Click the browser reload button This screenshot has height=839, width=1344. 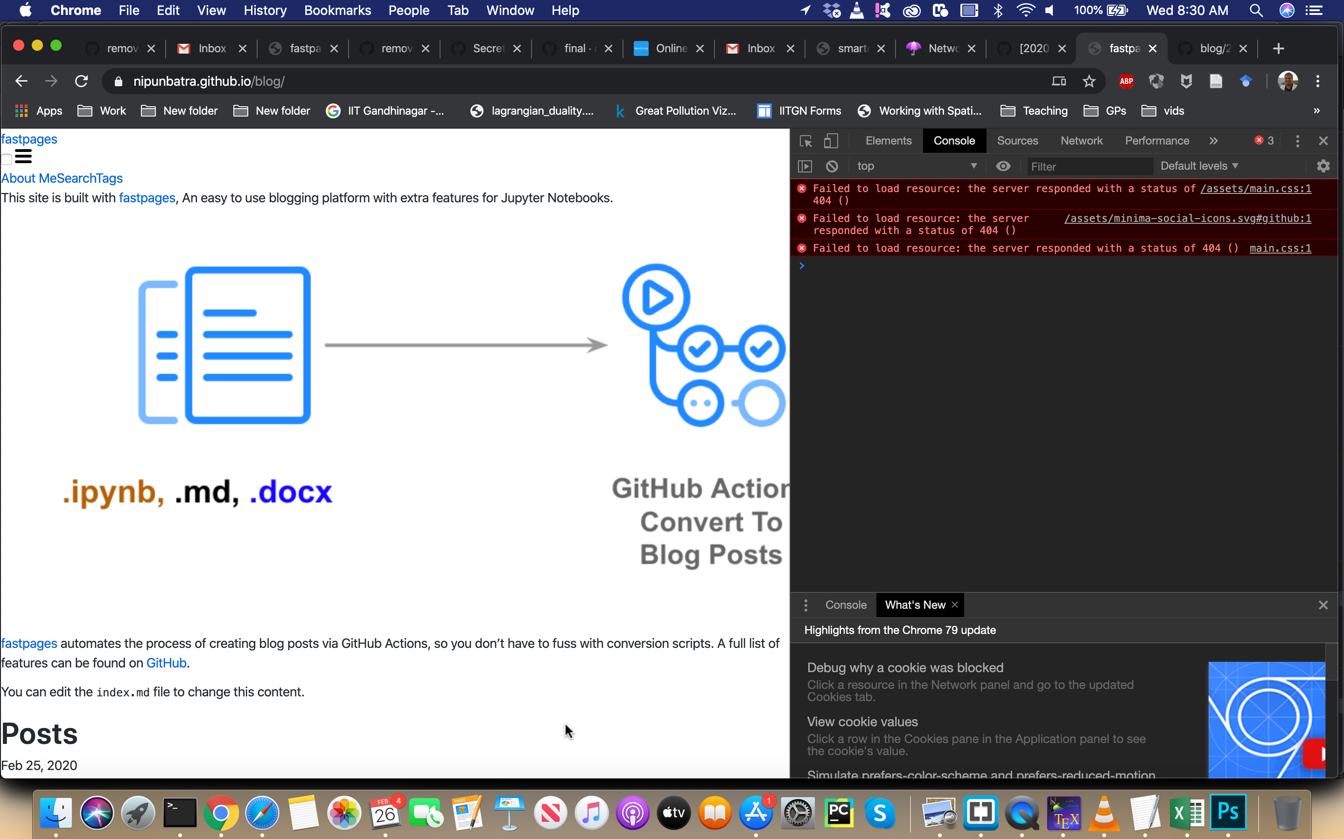(x=82, y=82)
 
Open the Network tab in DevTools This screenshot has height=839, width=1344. (x=1081, y=141)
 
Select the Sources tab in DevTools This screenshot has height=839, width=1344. (x=1017, y=141)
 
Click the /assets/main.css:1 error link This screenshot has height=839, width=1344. (x=1255, y=189)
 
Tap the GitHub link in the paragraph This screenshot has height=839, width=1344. (x=166, y=663)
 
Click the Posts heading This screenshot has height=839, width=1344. (x=39, y=734)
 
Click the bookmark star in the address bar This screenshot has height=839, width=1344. (x=1089, y=82)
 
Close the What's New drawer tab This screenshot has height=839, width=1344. (x=955, y=605)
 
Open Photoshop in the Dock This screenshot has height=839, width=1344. (x=1228, y=812)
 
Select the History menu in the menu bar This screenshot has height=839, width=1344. (x=265, y=11)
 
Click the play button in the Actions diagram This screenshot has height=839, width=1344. (x=656, y=297)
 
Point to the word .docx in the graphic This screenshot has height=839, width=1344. (x=291, y=492)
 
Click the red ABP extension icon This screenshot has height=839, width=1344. (x=1126, y=82)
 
